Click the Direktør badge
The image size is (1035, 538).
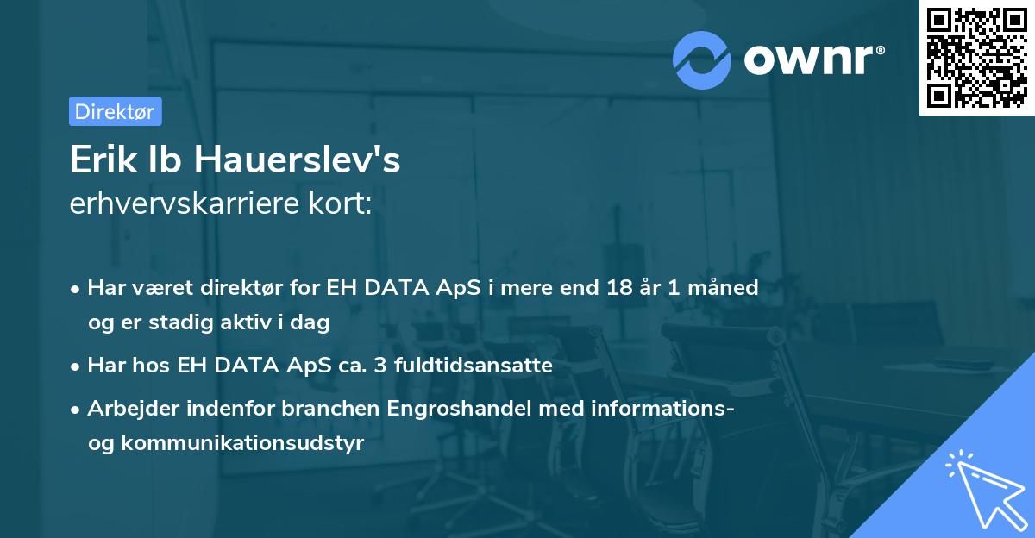116,111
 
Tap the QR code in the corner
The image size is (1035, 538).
976,58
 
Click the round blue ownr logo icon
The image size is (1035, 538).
701,60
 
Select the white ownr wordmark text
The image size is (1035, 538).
808,60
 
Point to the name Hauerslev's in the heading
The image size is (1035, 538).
297,160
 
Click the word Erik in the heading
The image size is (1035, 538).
103,160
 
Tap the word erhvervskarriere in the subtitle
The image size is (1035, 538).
185,203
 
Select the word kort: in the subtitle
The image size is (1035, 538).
340,203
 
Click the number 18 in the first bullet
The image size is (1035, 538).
619,287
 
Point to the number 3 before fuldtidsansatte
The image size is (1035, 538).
379,365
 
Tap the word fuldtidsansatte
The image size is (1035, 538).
474,365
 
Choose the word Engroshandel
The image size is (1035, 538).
459,409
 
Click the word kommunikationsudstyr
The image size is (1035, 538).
242,443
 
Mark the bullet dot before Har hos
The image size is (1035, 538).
75,366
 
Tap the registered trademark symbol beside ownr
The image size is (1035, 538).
880,50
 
